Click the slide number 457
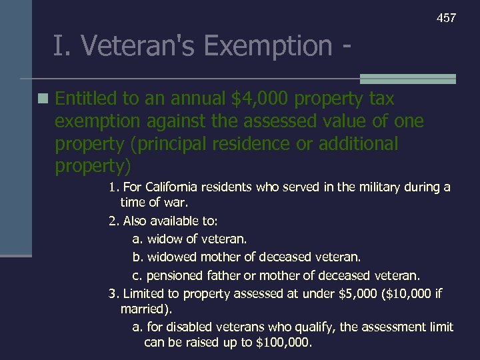(x=446, y=18)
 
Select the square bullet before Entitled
(x=43, y=99)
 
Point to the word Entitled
(x=86, y=99)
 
